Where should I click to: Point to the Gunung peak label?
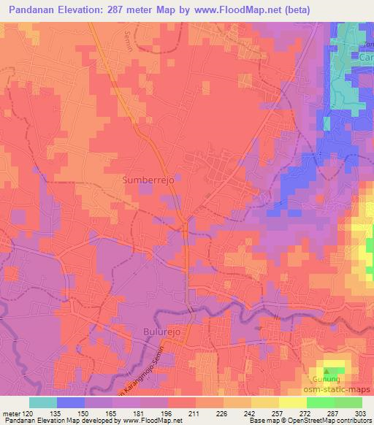point(327,380)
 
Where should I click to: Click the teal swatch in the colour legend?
point(43,402)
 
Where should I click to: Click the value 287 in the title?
point(131,11)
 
